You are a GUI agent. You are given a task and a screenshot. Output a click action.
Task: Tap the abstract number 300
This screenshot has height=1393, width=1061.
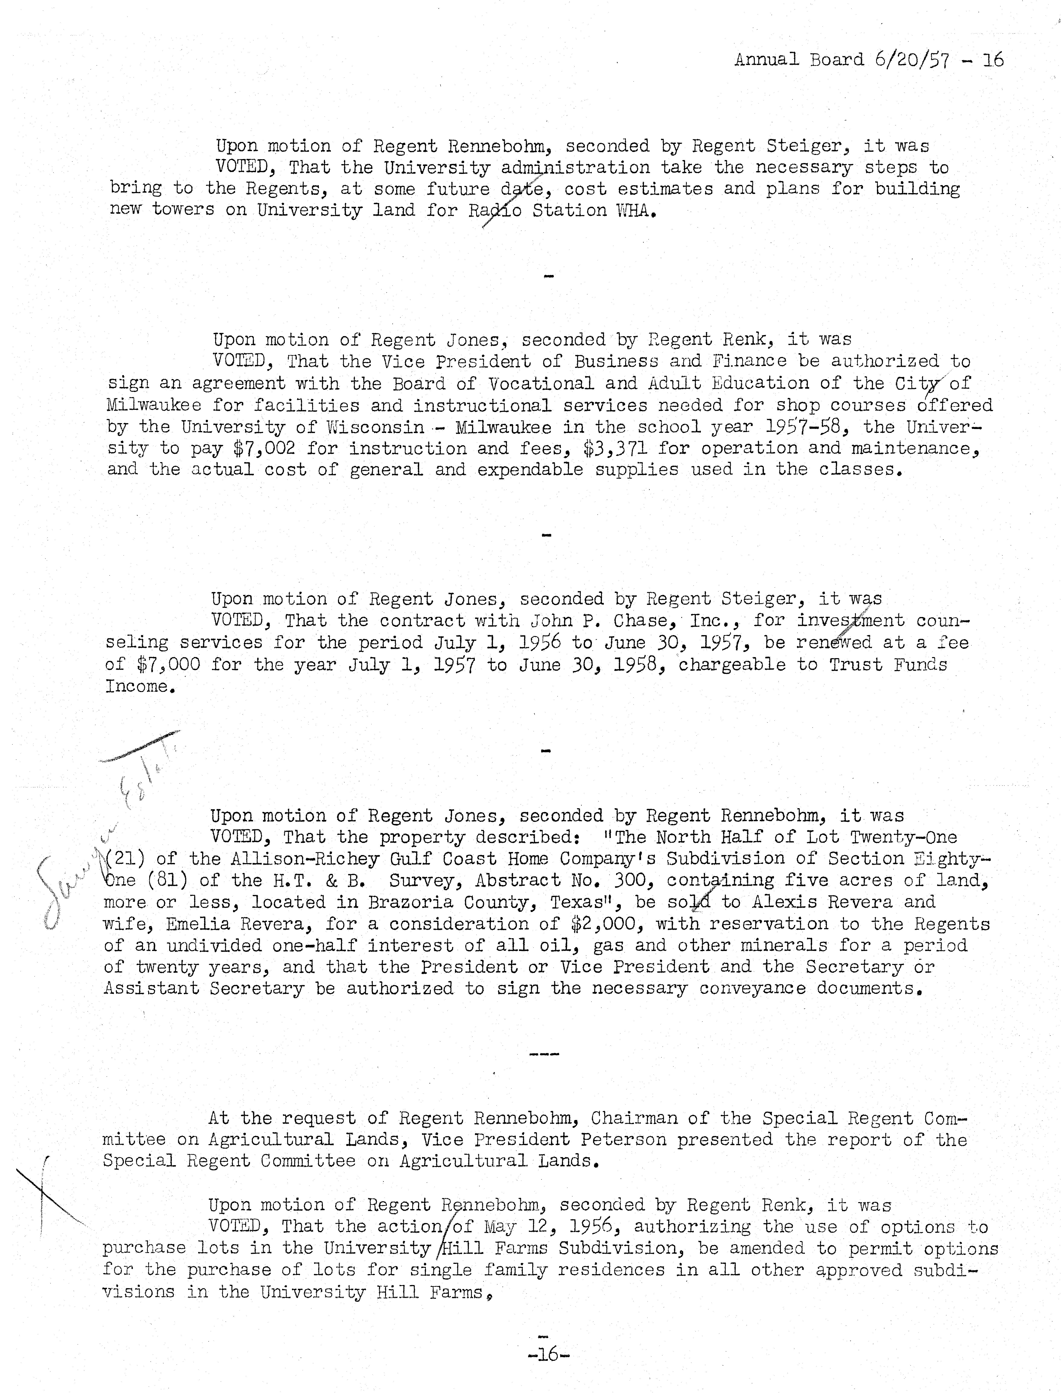click(634, 880)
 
